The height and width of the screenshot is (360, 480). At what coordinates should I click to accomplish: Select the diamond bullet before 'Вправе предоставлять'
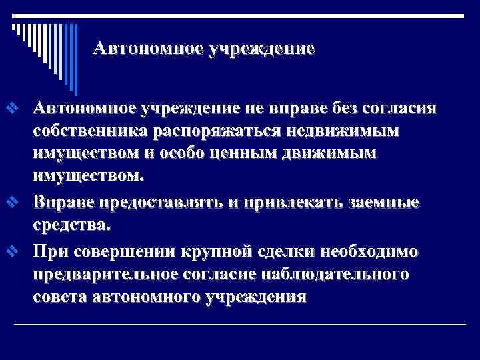pos(11,203)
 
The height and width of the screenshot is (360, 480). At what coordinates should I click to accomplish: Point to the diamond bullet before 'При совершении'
pos(11,251)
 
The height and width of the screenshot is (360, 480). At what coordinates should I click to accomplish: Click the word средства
pos(69,225)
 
